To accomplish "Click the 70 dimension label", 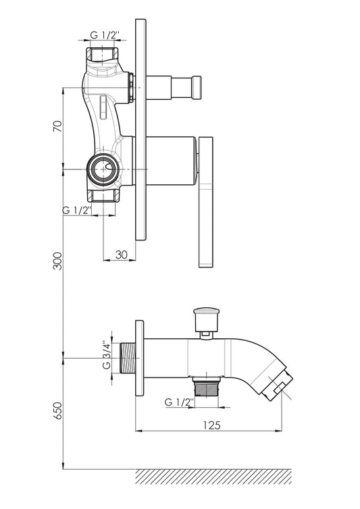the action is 57,126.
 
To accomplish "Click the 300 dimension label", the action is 57,261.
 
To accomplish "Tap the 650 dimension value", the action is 57,410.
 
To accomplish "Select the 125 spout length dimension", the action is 211,425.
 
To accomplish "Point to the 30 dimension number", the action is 121,254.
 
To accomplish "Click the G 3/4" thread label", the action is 106,355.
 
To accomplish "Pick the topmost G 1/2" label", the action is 105,34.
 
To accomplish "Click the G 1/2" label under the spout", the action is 179,402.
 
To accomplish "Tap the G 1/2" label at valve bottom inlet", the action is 77,210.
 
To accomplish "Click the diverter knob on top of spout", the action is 206,320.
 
